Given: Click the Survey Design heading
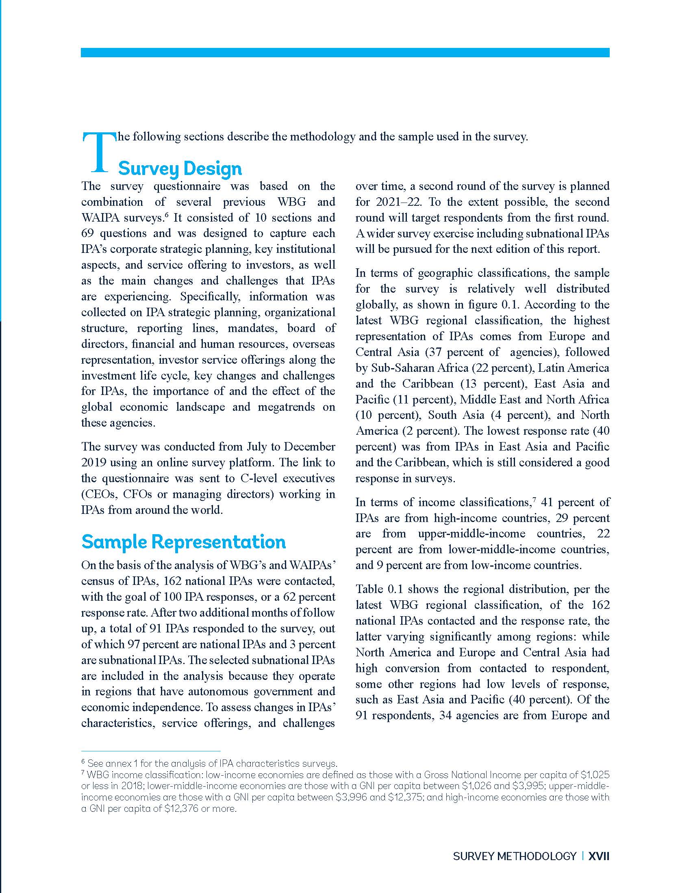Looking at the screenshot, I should coord(180,168).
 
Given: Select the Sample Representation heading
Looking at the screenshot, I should coord(183,542).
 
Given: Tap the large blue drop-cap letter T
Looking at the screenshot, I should coord(99,152).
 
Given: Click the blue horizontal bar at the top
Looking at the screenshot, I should coord(345,52).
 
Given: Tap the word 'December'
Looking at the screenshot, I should coord(309,446).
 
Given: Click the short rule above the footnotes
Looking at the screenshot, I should coord(151,751).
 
